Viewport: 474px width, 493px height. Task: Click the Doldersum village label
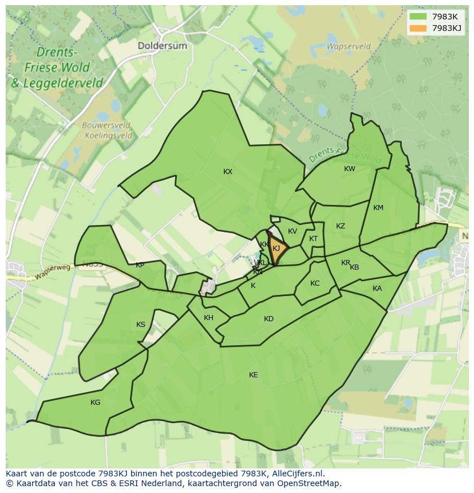point(162,45)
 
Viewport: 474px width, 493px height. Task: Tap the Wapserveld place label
point(348,46)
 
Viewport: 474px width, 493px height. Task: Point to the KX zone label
point(228,172)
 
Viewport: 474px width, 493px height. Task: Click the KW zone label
point(350,169)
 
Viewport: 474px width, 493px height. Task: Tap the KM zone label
point(378,208)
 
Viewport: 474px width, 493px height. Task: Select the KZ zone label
point(341,226)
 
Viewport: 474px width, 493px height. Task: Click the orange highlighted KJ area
point(278,250)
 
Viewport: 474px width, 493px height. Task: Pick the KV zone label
point(293,231)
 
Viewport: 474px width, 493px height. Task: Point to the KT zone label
point(313,239)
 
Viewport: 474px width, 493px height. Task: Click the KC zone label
point(315,283)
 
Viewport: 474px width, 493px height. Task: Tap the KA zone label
point(377,289)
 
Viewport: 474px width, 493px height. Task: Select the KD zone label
point(268,319)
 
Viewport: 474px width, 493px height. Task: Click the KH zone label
point(208,318)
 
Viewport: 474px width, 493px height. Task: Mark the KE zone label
point(254,375)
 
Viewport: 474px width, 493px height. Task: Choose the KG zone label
point(96,403)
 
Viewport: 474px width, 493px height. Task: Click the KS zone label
point(141,325)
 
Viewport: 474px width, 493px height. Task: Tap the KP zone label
point(140,265)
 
